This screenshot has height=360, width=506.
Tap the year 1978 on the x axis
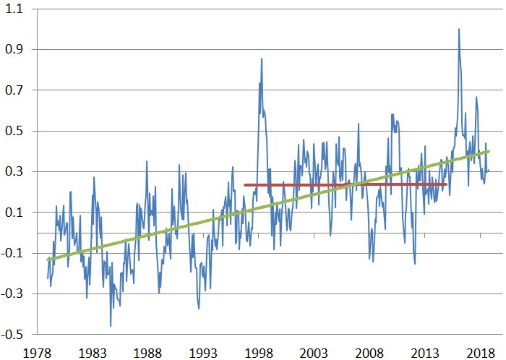point(37,351)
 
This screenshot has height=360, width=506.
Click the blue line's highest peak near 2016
point(458,30)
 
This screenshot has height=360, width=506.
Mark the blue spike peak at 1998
point(262,59)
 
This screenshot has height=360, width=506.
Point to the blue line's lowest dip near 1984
point(111,326)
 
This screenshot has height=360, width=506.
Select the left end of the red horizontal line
point(244,185)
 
